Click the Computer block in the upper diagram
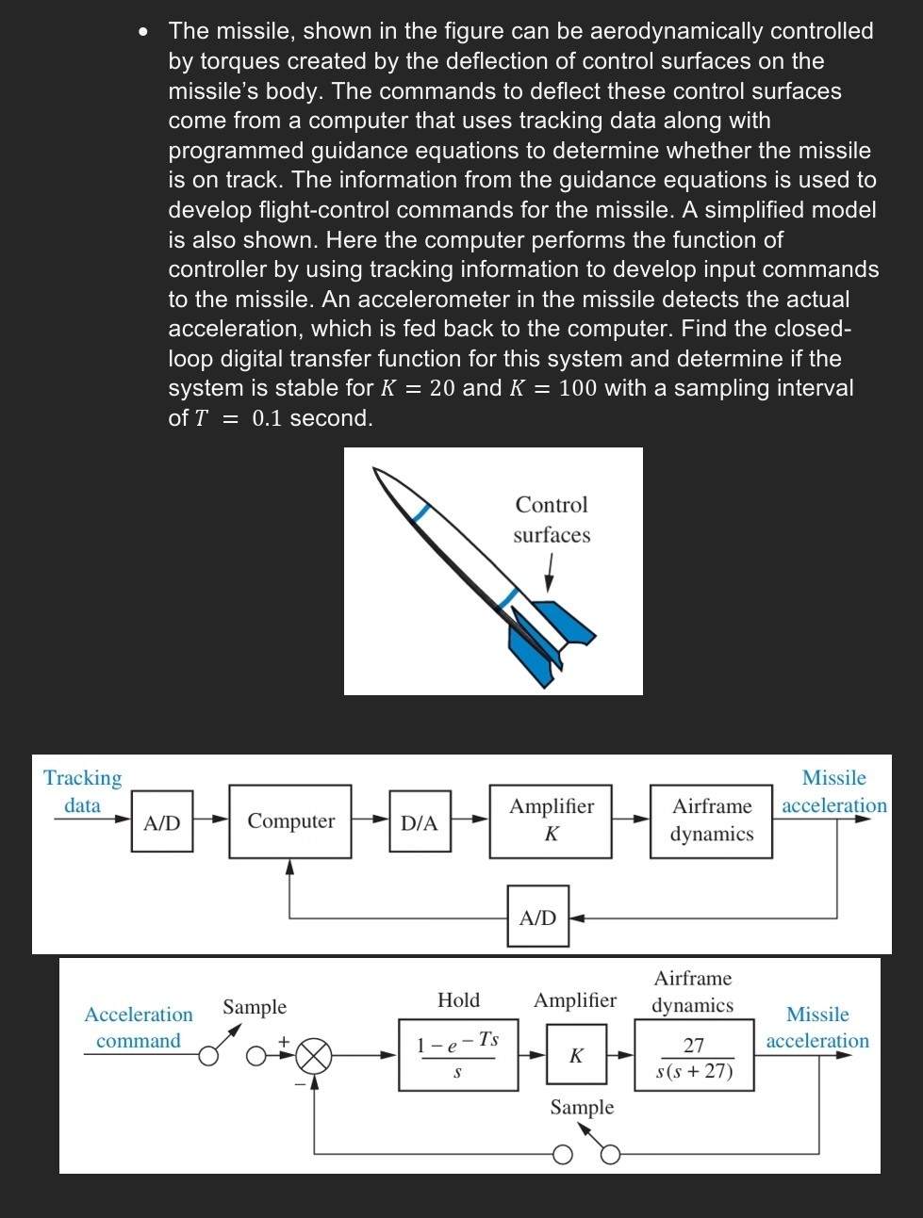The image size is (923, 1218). click(x=290, y=821)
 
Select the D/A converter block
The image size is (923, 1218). click(x=420, y=822)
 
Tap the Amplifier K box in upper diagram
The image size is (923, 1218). click(x=551, y=820)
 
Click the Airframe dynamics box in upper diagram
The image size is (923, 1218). click(x=711, y=820)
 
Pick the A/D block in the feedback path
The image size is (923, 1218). click(x=538, y=917)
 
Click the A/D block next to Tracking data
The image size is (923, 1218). click(x=162, y=822)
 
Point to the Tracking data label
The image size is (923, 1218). click(x=83, y=791)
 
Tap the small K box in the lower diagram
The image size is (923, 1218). click(x=576, y=1055)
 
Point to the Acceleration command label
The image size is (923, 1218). click(x=139, y=1028)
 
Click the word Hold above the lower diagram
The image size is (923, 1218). click(x=459, y=1000)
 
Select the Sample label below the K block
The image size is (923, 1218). click(x=582, y=1107)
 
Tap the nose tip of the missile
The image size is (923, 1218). click(x=376, y=470)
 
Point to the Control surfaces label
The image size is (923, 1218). click(x=552, y=520)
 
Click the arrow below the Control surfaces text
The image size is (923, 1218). click(x=549, y=573)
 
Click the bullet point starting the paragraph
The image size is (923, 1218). click(x=142, y=32)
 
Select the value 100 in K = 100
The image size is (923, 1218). click(x=577, y=388)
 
